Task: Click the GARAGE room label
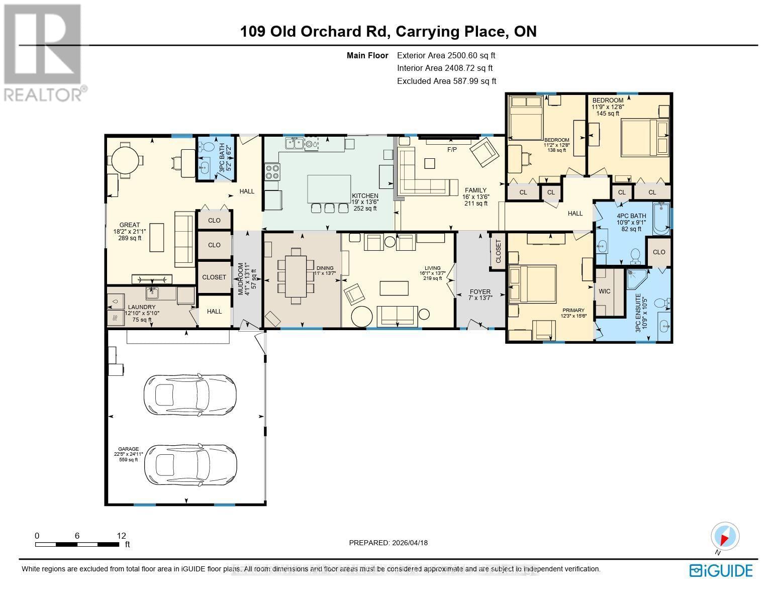point(129,449)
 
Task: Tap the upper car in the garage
point(189,394)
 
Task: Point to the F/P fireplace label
point(451,150)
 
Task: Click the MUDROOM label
point(241,279)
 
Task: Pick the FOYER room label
point(480,291)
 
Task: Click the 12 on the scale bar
point(121,536)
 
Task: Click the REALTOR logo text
point(44,94)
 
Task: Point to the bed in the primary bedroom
point(532,284)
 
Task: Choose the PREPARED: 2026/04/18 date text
point(388,543)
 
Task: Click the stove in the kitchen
point(272,172)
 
